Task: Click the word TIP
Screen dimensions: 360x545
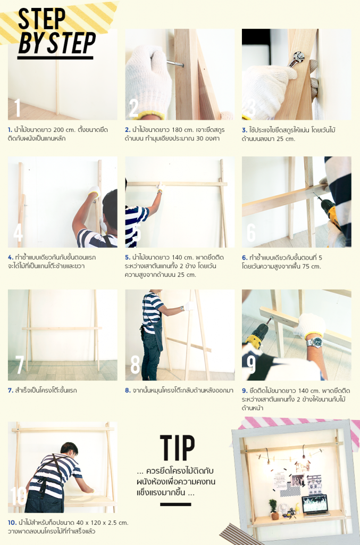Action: tap(178, 448)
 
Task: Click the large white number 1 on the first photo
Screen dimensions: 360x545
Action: tap(18, 108)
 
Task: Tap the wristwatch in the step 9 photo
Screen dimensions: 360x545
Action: tap(314, 342)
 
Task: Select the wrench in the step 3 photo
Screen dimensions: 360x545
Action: tap(296, 59)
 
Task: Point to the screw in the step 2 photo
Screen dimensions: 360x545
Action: tap(175, 64)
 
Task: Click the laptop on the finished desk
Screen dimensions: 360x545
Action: tap(315, 505)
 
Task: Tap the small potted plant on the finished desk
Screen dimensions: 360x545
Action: tap(274, 509)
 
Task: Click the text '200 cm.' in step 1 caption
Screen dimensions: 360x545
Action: tap(64, 130)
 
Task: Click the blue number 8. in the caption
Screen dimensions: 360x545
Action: tap(128, 390)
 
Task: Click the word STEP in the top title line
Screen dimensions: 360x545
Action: tap(41, 19)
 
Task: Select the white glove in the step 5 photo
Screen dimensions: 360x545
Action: tap(161, 186)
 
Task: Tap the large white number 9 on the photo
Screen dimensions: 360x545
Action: tap(251, 364)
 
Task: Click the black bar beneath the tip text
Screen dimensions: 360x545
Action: tap(175, 505)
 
